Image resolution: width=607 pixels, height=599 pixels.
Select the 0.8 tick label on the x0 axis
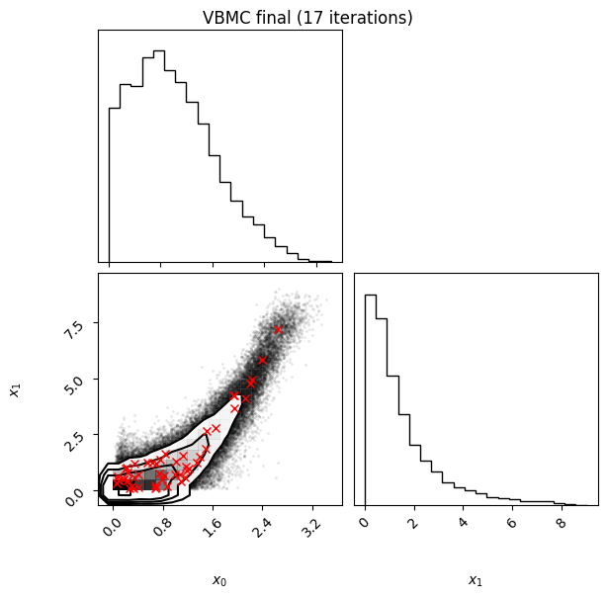[x=162, y=527]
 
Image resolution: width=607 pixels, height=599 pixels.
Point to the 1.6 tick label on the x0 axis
[x=213, y=527]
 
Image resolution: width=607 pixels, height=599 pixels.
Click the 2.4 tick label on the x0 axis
[x=262, y=527]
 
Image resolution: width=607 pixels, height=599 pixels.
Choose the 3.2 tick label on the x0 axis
[x=312, y=527]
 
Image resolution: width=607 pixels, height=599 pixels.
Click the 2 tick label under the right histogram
[x=413, y=523]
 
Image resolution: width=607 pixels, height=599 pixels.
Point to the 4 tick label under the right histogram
[x=463, y=523]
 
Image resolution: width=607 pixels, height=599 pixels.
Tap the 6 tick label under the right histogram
[x=512, y=523]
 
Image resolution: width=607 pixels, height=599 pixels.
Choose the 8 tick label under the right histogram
[x=561, y=523]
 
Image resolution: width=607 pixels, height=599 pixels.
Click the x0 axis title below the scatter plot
[x=219, y=580]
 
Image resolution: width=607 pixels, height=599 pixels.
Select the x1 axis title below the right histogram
[x=476, y=580]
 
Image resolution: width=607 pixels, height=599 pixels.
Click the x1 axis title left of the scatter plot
[x=15, y=390]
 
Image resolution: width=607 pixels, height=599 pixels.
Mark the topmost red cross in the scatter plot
[x=278, y=330]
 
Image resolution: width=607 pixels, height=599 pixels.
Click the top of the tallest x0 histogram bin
[x=159, y=50]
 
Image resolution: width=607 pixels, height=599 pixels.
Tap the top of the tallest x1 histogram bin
[x=371, y=296]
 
